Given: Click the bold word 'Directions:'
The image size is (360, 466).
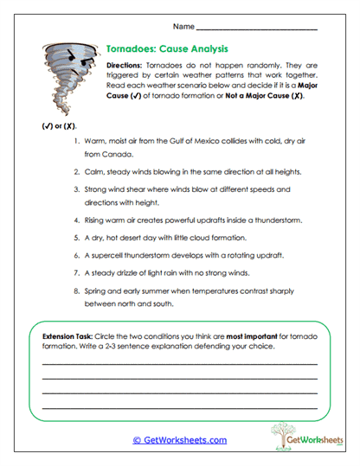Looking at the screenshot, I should pos(130,67).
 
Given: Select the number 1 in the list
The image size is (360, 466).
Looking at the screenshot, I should pos(78,140).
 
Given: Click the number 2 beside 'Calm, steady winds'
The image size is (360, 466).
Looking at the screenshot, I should pos(78,171).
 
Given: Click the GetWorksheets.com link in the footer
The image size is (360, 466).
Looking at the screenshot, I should pos(179,440).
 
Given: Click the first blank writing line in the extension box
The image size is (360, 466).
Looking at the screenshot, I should pos(179,362).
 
